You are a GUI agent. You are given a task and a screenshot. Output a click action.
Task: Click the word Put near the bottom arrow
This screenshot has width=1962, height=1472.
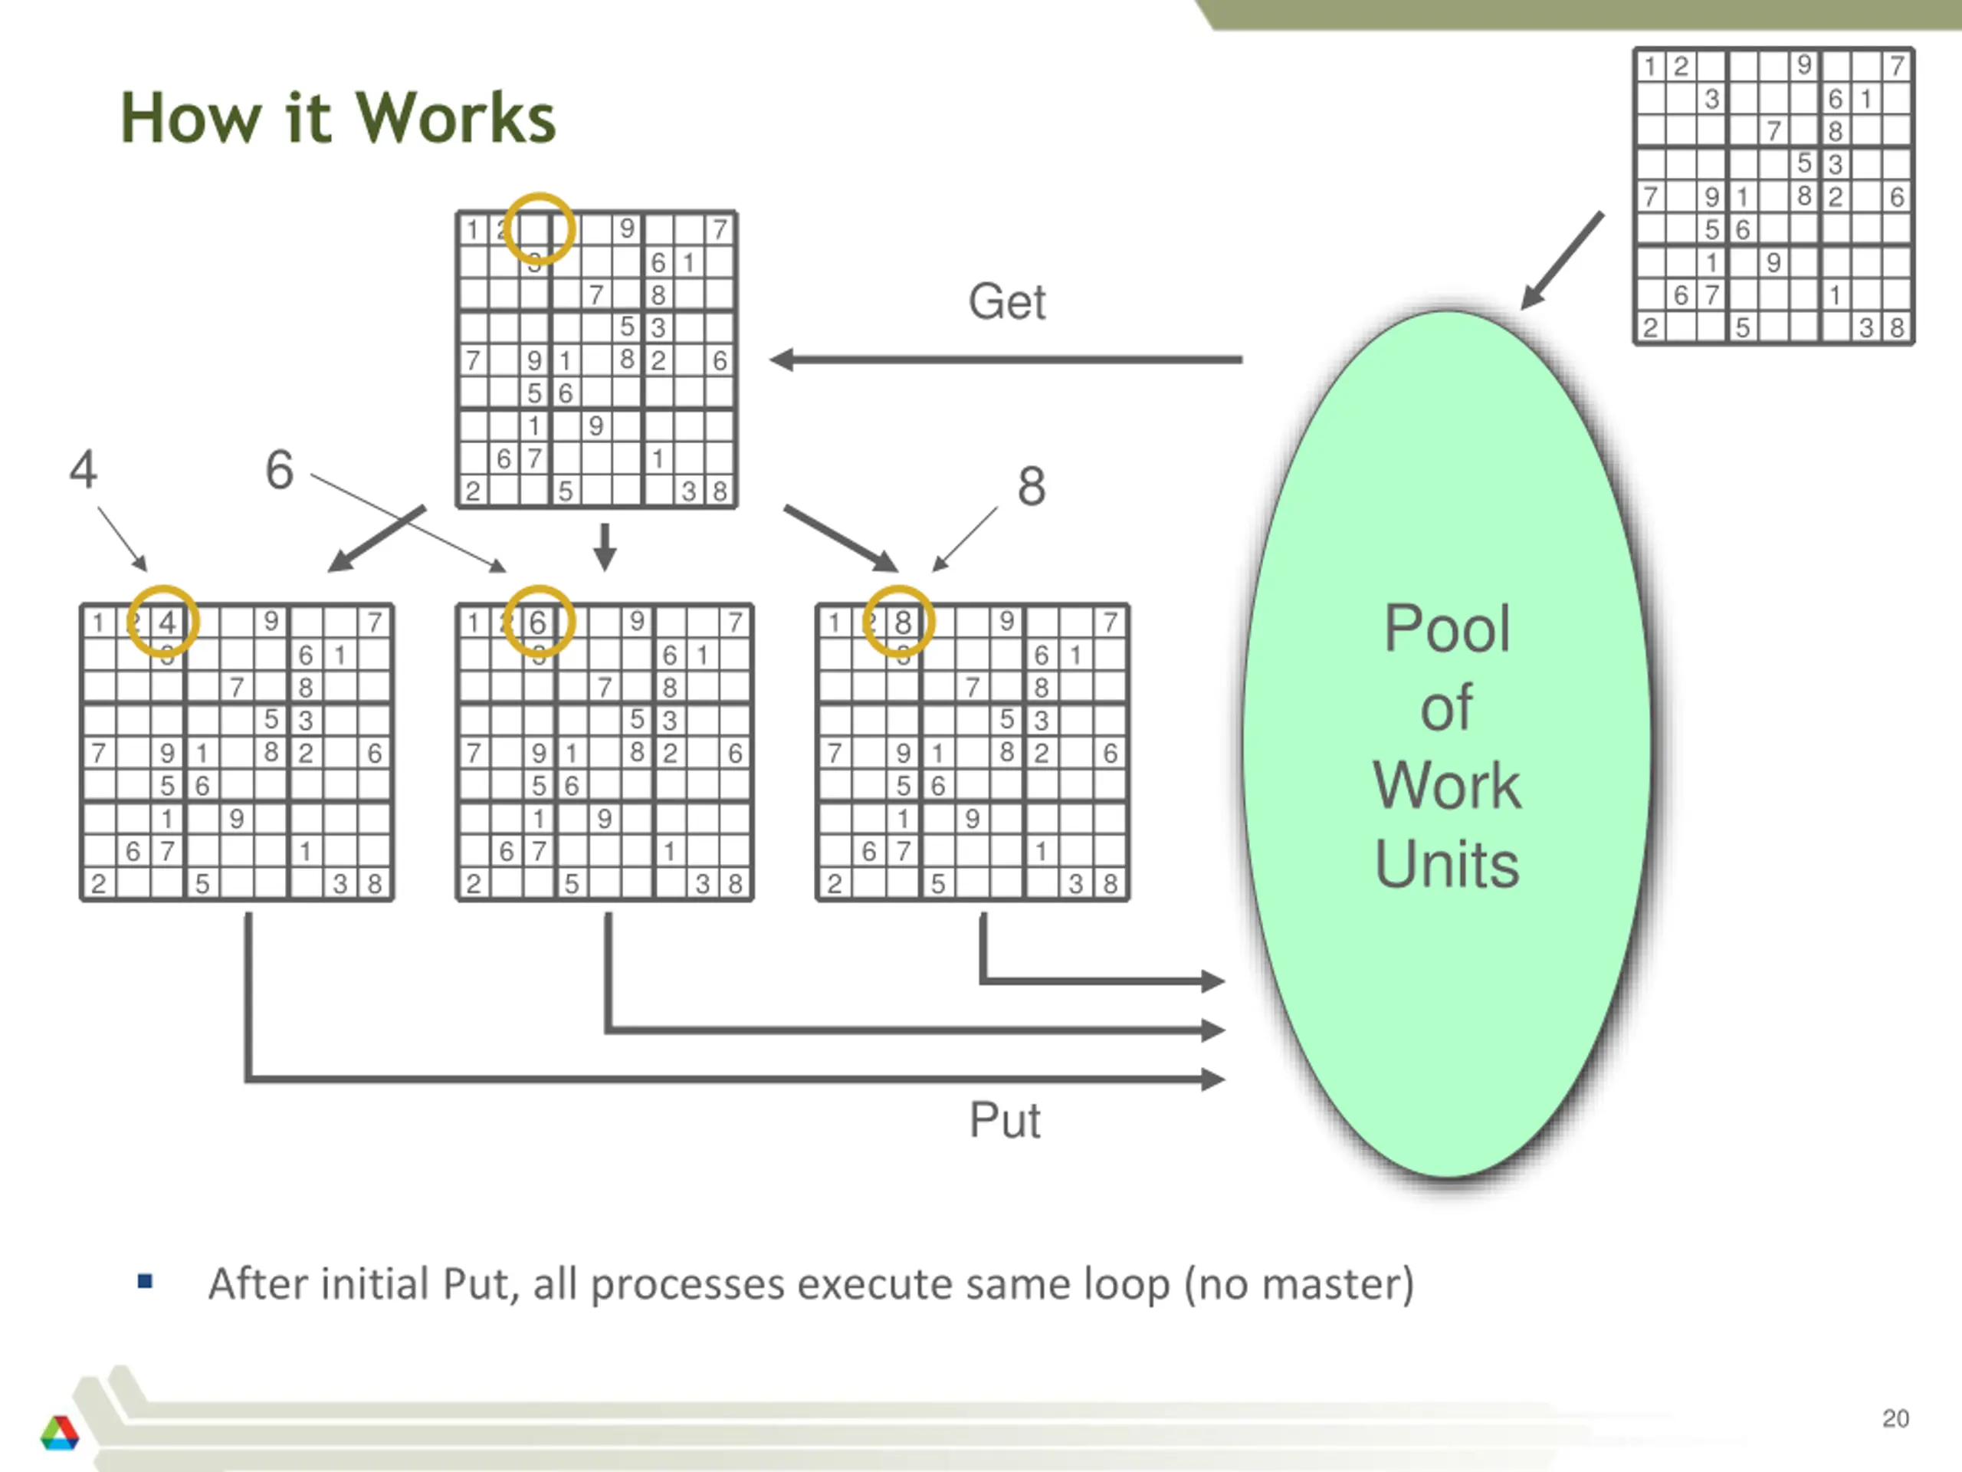pyautogui.click(x=1004, y=1120)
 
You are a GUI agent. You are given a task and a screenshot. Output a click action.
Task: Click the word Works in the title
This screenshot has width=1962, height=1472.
pyautogui.click(x=456, y=117)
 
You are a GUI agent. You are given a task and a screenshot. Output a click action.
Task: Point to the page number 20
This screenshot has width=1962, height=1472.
pyautogui.click(x=1895, y=1418)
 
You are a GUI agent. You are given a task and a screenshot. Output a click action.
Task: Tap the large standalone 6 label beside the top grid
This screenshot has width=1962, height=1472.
pyautogui.click(x=280, y=469)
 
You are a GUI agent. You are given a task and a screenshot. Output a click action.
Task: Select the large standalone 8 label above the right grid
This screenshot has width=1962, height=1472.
pyautogui.click(x=1032, y=486)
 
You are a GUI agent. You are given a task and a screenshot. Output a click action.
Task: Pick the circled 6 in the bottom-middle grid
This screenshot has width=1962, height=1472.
pyautogui.click(x=537, y=622)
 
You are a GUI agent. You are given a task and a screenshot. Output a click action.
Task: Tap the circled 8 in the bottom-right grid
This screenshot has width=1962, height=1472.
pyautogui.click(x=902, y=622)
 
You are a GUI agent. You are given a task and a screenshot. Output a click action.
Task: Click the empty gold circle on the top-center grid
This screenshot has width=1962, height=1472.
pyautogui.click(x=538, y=228)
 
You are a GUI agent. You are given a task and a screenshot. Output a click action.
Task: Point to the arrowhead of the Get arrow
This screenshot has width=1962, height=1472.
pyautogui.click(x=771, y=360)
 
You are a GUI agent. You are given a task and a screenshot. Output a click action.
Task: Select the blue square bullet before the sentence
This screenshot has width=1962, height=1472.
pyautogui.click(x=146, y=1281)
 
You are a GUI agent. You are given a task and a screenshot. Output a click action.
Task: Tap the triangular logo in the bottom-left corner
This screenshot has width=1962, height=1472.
pyautogui.click(x=60, y=1432)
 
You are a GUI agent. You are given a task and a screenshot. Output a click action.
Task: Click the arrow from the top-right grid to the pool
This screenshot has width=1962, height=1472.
pyautogui.click(x=1562, y=260)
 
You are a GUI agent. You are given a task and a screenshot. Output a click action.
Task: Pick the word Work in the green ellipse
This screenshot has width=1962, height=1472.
pyautogui.click(x=1447, y=785)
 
